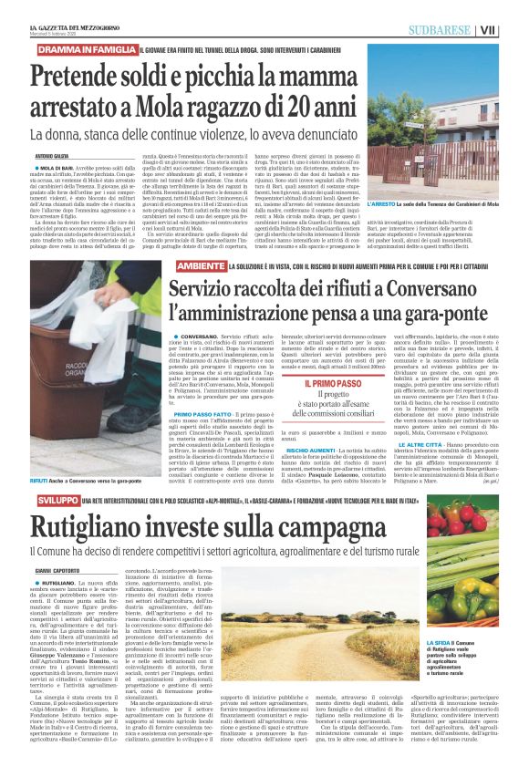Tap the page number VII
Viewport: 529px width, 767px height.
513,30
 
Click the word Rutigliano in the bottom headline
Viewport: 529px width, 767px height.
85,528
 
